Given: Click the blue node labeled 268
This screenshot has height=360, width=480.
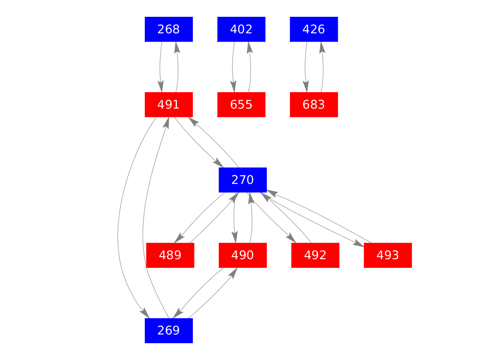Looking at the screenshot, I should (x=169, y=29).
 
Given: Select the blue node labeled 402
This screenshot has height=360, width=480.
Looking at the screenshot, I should (x=241, y=29).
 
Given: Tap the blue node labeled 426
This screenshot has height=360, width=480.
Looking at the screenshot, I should (x=314, y=29).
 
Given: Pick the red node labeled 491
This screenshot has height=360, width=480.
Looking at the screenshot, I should (x=169, y=105).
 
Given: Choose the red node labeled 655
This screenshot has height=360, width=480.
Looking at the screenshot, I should (x=241, y=105).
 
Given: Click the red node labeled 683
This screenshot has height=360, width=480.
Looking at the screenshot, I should (x=314, y=105).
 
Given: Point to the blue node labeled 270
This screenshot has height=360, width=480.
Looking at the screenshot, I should (x=243, y=180).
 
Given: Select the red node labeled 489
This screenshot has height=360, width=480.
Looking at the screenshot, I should (x=170, y=255).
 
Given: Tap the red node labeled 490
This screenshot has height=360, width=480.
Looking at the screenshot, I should (x=243, y=255).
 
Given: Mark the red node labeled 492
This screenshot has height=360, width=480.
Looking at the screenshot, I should (x=315, y=255).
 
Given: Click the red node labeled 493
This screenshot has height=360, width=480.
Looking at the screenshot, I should (x=388, y=255).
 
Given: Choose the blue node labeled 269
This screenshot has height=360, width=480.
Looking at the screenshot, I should (x=169, y=330).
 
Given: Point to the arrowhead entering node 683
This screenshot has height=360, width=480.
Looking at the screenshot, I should (x=306, y=88).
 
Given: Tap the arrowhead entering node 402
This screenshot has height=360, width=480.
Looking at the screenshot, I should (x=249, y=46).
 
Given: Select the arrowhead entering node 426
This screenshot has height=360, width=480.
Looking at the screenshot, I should (x=322, y=46).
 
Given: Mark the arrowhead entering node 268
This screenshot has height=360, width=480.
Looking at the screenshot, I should (x=176, y=46).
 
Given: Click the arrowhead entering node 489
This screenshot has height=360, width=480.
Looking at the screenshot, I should (x=179, y=239).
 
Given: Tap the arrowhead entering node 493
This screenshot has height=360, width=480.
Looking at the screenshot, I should (x=358, y=244).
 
